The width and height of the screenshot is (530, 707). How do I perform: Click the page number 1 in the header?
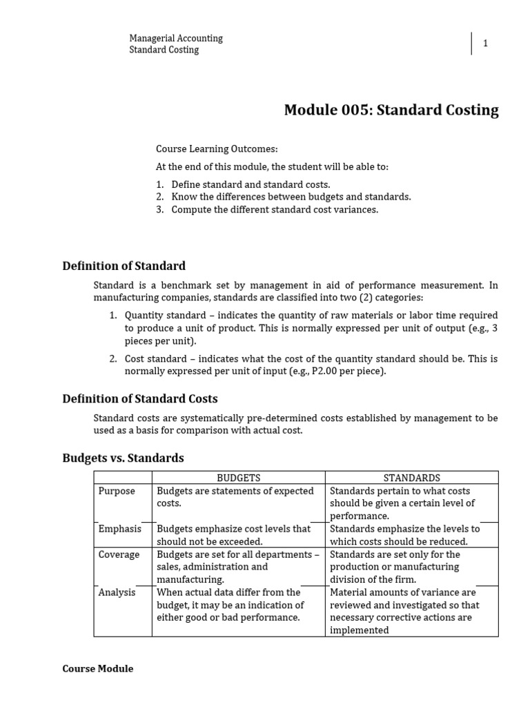tap(485, 43)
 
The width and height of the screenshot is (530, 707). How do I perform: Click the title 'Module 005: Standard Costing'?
tap(391, 110)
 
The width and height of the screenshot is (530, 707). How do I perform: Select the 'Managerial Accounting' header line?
tap(176, 38)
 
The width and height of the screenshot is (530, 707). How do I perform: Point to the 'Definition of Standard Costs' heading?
tap(140, 398)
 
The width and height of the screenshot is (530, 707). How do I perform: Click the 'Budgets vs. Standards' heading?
tap(123, 458)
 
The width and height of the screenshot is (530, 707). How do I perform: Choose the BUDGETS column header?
tap(238, 478)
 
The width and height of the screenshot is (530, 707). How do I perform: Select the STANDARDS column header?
tap(411, 478)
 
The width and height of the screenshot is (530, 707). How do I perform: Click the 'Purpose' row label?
tap(117, 491)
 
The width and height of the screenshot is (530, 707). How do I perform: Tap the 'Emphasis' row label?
tap(119, 529)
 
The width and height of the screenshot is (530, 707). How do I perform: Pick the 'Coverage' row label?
tap(119, 554)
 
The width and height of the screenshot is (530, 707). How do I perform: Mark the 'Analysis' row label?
tap(117, 592)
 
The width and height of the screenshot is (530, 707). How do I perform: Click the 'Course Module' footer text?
tap(97, 668)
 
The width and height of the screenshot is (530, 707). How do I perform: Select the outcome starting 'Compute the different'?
tap(275, 209)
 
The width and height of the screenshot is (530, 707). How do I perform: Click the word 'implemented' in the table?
tap(360, 630)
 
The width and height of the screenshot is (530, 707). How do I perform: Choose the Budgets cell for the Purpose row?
tap(238, 497)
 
